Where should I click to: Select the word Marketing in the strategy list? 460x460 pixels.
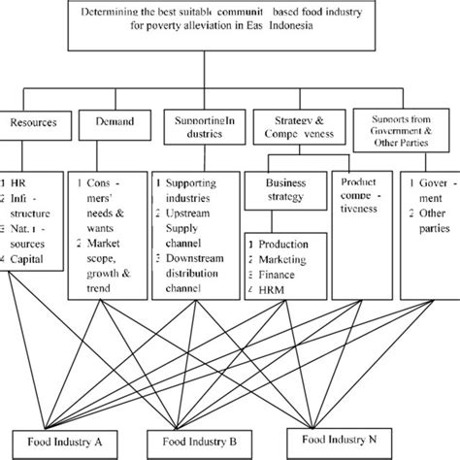click(x=279, y=259)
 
